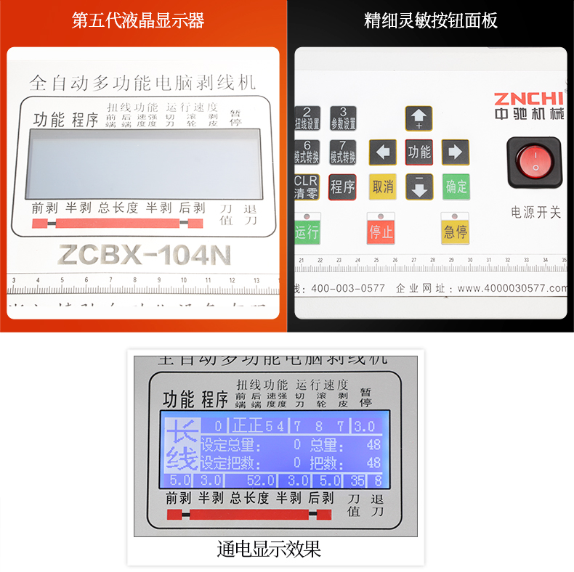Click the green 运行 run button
[x=307, y=232]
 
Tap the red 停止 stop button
[x=381, y=232]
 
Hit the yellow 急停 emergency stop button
[x=455, y=232]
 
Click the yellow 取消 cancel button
[x=382, y=187]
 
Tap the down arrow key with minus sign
[x=419, y=187]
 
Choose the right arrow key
[x=456, y=152]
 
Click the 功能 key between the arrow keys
[x=419, y=152]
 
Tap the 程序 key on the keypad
[x=342, y=187]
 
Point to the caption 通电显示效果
[x=269, y=549]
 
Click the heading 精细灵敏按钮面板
[x=431, y=20]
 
